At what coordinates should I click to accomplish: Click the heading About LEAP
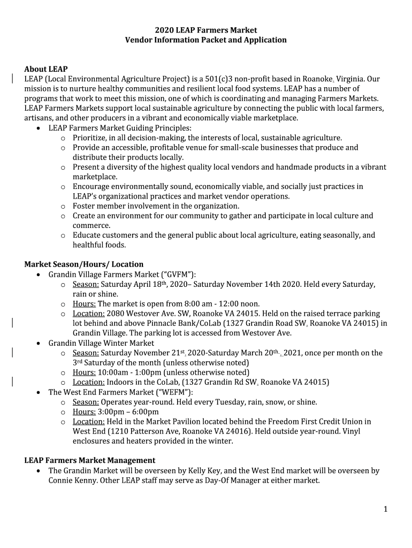click(x=46, y=69)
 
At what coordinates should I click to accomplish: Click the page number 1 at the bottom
click(x=385, y=509)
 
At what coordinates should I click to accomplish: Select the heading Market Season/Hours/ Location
click(x=84, y=264)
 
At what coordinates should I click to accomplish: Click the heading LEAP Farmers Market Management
click(x=90, y=460)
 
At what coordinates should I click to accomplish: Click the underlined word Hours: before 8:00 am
click(x=84, y=304)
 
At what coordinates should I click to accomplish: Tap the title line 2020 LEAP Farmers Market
click(x=206, y=30)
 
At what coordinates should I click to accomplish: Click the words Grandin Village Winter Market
click(x=101, y=343)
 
